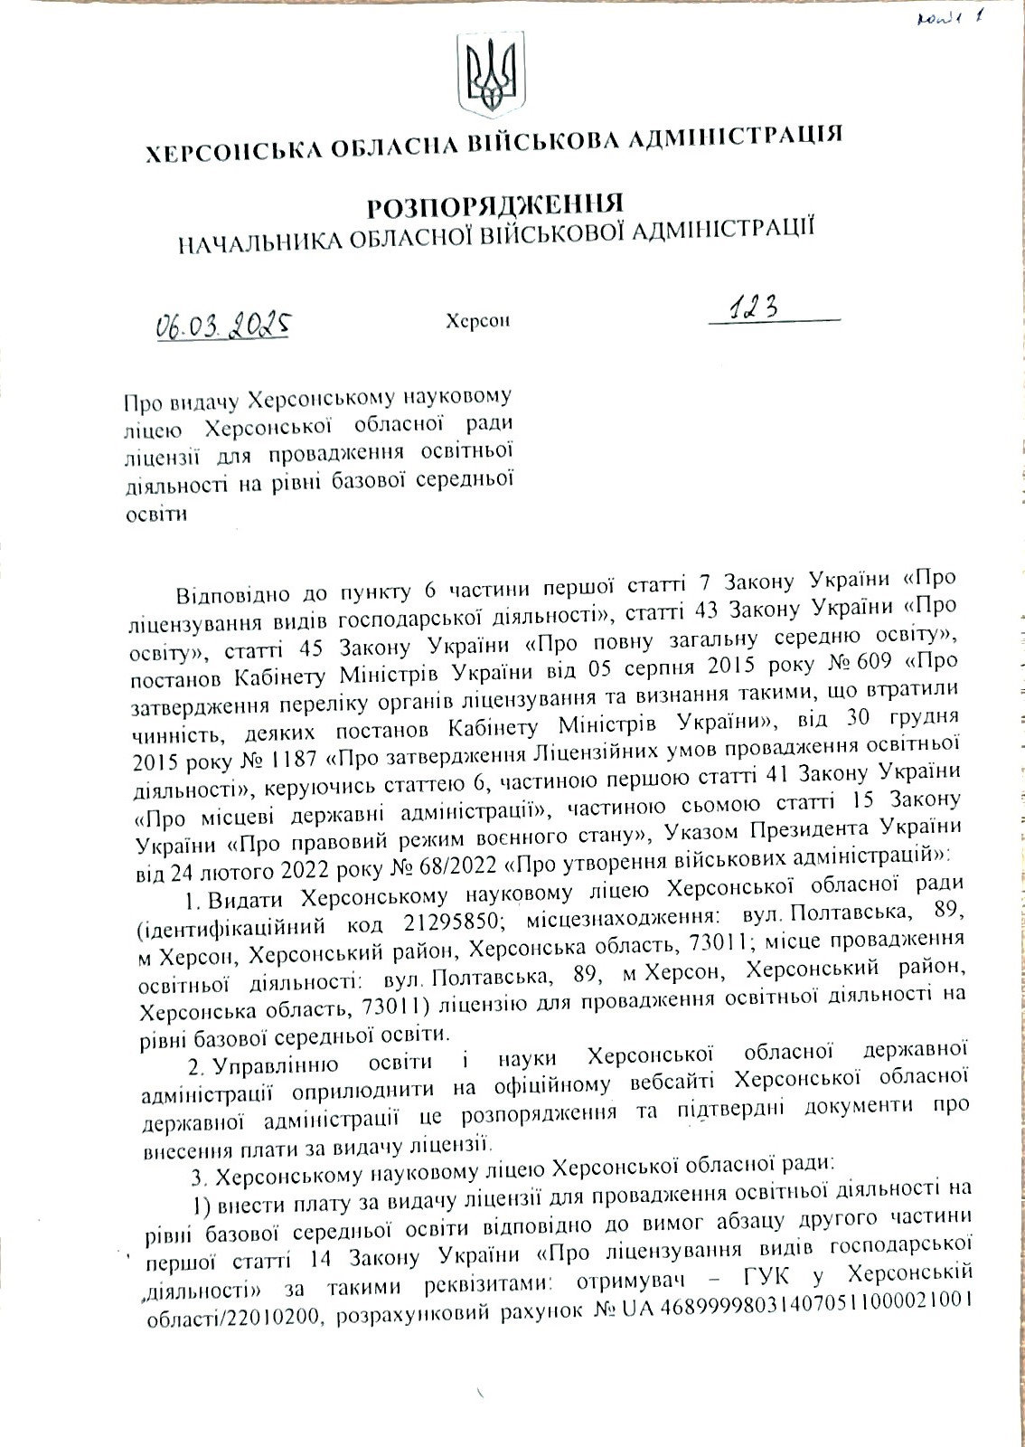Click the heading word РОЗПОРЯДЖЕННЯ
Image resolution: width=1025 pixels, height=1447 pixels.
(495, 204)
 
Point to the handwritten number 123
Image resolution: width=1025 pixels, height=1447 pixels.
(757, 310)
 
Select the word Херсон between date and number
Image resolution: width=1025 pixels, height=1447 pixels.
(478, 320)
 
